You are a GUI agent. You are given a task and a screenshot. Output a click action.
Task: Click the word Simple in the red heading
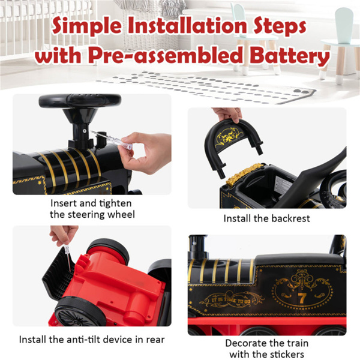pyautogui.click(x=87, y=25)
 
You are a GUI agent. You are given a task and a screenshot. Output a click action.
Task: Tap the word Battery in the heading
pyautogui.click(x=290, y=55)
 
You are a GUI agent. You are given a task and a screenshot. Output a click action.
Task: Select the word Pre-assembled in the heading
pyautogui.click(x=166, y=55)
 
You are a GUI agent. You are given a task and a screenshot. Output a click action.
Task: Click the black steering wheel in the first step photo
pyautogui.click(x=80, y=101)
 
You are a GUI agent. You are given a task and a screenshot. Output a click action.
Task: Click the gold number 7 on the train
pyautogui.click(x=301, y=298)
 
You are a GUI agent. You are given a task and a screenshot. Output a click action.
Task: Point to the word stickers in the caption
pyautogui.click(x=286, y=354)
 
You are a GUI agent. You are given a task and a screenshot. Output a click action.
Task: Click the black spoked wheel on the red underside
pyautogui.click(x=79, y=313)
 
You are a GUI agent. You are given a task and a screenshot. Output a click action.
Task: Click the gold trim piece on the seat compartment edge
pyautogui.click(x=244, y=173)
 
